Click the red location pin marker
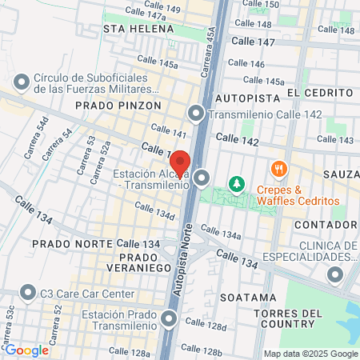point(180,162)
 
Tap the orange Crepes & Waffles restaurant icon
point(279,169)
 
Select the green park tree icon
point(237,185)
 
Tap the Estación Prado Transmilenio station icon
point(169,321)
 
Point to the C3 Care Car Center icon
point(29,294)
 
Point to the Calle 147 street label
point(252,41)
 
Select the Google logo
point(26,350)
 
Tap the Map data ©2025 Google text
point(311,354)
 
